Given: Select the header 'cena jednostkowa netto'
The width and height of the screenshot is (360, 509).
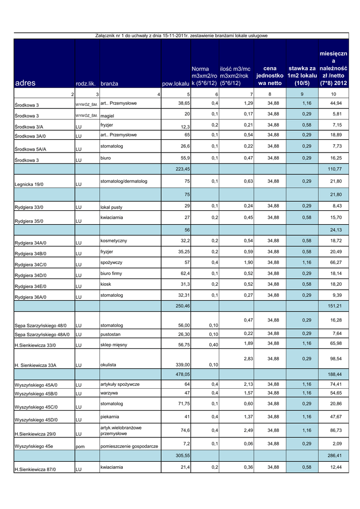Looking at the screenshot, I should (x=270, y=75).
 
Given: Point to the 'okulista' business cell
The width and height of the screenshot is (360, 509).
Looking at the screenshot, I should (x=108, y=365).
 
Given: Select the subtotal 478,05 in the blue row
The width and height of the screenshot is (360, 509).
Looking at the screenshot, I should (x=181, y=374).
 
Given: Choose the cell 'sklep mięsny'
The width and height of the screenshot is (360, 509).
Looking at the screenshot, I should (x=114, y=344).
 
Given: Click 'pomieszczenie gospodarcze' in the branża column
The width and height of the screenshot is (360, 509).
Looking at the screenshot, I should (x=129, y=446).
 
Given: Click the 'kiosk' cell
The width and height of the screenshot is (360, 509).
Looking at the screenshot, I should (x=105, y=284).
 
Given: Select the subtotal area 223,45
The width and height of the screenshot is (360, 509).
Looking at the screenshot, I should (x=181, y=169).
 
